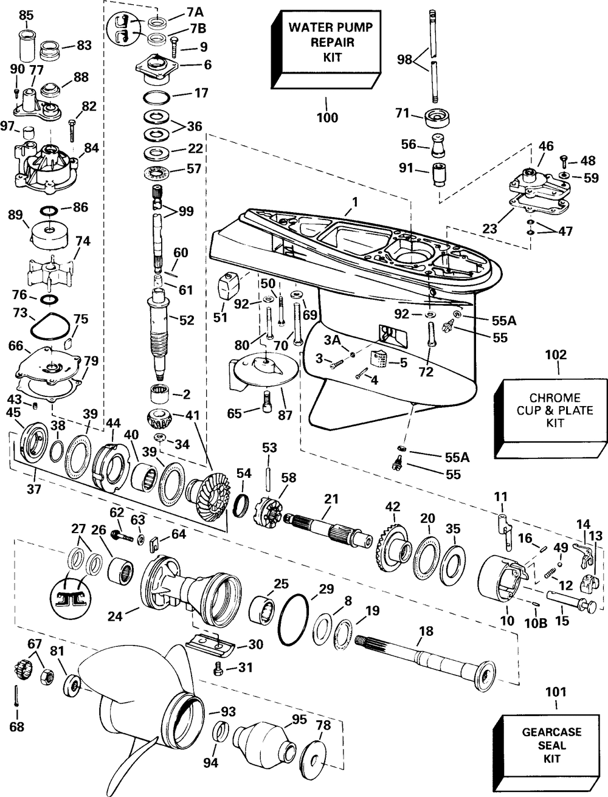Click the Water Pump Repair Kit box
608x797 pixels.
(326, 49)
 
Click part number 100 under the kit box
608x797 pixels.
(328, 118)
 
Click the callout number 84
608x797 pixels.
(91, 148)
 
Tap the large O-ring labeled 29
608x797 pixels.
(294, 618)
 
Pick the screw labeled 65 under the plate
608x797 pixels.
(267, 401)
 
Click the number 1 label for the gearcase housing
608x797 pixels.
(355, 202)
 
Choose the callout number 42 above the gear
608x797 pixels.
(393, 507)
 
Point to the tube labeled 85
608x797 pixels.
(27, 46)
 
